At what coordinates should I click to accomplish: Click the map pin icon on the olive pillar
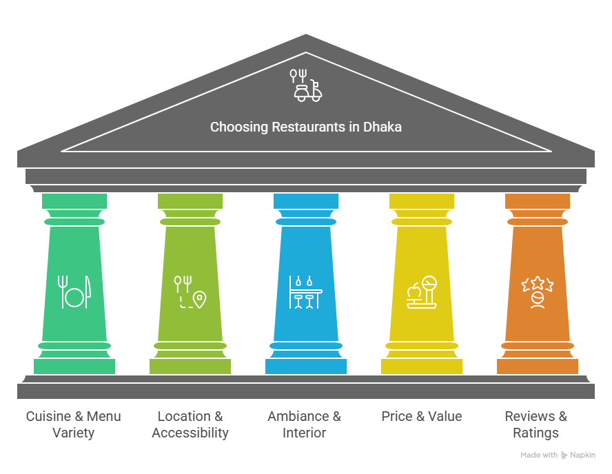tap(199, 299)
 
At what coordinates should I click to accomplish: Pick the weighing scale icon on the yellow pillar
tap(422, 292)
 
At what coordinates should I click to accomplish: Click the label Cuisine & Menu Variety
tap(73, 424)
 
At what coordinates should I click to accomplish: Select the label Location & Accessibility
tap(190, 424)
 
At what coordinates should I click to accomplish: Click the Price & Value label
tap(422, 416)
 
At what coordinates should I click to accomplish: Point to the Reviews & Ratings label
tap(536, 424)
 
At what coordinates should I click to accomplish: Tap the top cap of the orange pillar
tap(538, 200)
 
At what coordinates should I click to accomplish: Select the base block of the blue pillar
tap(306, 366)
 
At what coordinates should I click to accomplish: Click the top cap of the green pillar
tap(74, 200)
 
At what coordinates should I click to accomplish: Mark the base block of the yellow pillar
tap(422, 366)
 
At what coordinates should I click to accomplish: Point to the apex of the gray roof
tap(306, 37)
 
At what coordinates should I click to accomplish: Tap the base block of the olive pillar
tap(190, 366)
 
